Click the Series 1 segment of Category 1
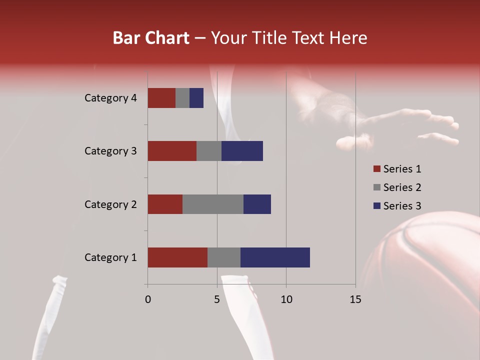coord(177,257)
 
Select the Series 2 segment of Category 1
coord(224,257)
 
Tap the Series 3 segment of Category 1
coord(275,257)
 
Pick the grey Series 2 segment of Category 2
coord(213,204)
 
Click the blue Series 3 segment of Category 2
coord(257,204)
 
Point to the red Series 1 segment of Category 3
coord(172,151)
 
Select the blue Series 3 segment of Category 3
coord(242,151)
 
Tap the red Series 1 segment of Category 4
coord(161,98)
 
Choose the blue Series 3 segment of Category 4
coord(196,98)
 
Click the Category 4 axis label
coord(110,98)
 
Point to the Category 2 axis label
coord(110,204)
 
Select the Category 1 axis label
coord(110,257)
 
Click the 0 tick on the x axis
coord(148,299)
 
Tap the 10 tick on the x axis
coord(286,299)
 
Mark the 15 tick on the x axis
coord(355,299)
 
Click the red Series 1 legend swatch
coord(376,169)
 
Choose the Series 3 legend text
coord(402,206)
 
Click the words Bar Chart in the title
coord(151,38)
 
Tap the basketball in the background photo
coord(425,270)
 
